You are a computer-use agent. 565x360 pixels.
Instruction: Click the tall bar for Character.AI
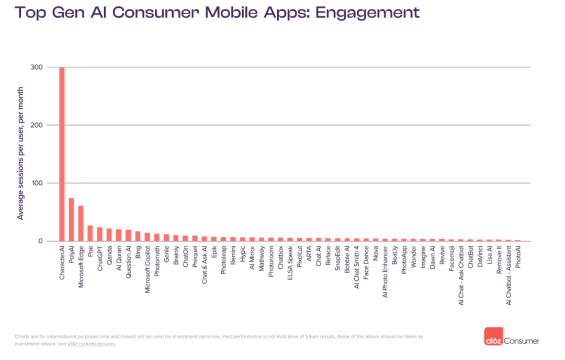(62, 154)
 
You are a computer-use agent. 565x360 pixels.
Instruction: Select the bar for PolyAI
(71, 220)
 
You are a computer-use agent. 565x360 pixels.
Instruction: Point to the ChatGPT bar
(99, 234)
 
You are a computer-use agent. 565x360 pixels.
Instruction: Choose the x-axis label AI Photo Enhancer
(385, 273)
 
